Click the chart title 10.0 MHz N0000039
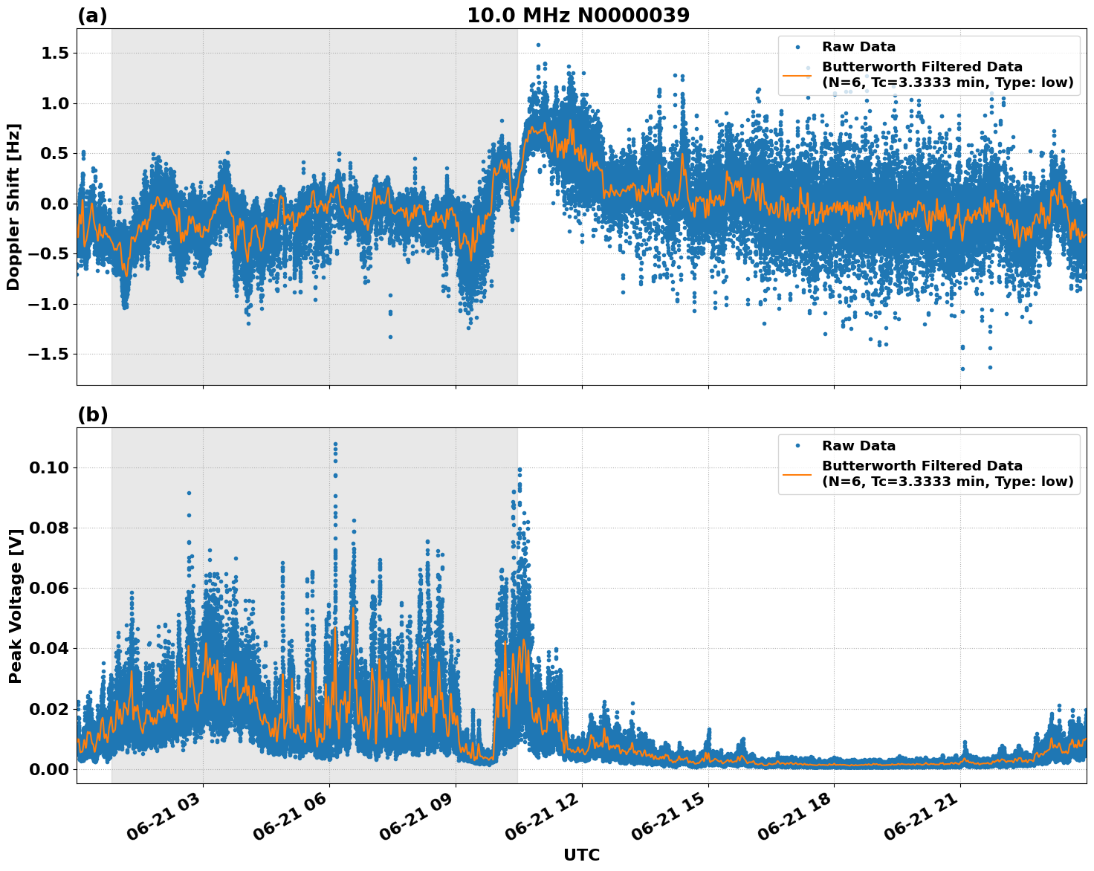(577, 16)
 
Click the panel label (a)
(92, 16)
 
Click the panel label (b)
(92, 415)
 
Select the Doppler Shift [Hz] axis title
(13, 207)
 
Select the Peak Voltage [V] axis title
(15, 605)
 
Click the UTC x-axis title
(581, 855)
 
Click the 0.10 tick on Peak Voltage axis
(48, 467)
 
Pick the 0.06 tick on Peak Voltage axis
(48, 589)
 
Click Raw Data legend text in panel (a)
(858, 47)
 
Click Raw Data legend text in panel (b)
(858, 446)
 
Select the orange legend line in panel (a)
(797, 74)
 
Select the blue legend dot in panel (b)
(797, 446)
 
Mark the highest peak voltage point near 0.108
(335, 444)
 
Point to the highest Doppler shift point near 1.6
(538, 45)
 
